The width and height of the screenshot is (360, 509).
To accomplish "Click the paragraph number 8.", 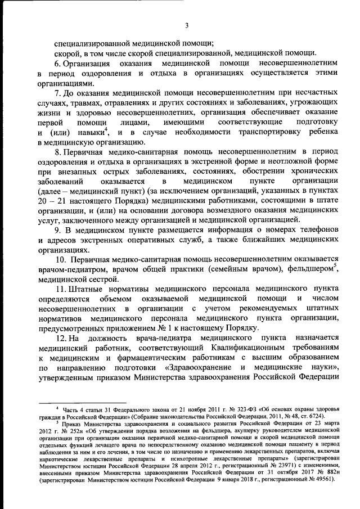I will [x=58, y=152].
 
